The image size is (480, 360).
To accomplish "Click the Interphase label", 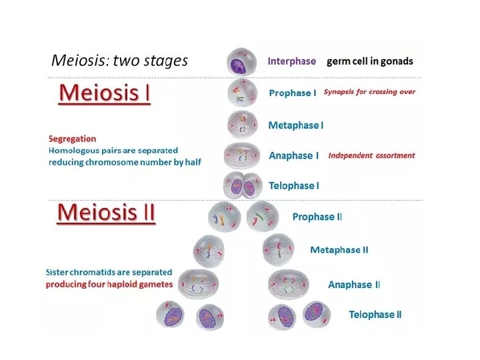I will pos(291,61).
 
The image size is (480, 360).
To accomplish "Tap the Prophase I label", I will pos(292,93).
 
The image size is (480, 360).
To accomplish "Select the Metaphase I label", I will pos(295,125).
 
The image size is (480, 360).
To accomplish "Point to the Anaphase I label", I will pos(293,155).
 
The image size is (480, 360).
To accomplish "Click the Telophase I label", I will pos(293,185).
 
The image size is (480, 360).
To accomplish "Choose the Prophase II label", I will pos(317,217).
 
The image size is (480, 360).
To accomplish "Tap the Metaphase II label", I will pos(339,250).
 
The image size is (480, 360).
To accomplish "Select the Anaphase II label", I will pos(354,285).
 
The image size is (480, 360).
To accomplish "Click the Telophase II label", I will pos(375,315).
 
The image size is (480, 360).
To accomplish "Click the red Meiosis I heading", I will pos(105,93).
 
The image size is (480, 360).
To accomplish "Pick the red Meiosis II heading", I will pos(106,213).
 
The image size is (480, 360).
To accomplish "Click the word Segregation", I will pos(72,139).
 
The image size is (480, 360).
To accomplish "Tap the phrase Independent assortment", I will pos(371,155).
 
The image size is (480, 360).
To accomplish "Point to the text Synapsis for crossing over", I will pos(369,92).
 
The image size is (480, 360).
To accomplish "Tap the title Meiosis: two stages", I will pos(119,61).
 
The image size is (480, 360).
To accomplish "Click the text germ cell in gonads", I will pos(369,61).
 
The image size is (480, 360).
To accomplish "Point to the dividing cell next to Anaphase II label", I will pos(288,285).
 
